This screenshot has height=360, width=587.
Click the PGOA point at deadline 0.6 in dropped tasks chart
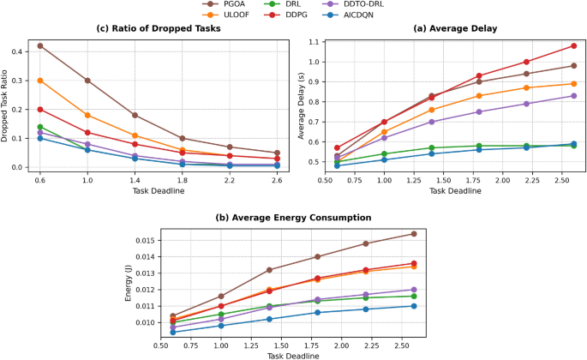coord(39,45)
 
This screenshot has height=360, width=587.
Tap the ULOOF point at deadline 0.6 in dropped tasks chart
coord(39,81)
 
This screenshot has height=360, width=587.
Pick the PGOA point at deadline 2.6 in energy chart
coord(414,233)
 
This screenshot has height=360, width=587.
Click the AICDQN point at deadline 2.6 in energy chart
coord(414,306)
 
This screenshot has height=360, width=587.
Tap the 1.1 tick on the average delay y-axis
coord(315,42)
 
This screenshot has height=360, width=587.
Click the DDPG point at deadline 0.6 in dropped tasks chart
coord(39,110)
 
